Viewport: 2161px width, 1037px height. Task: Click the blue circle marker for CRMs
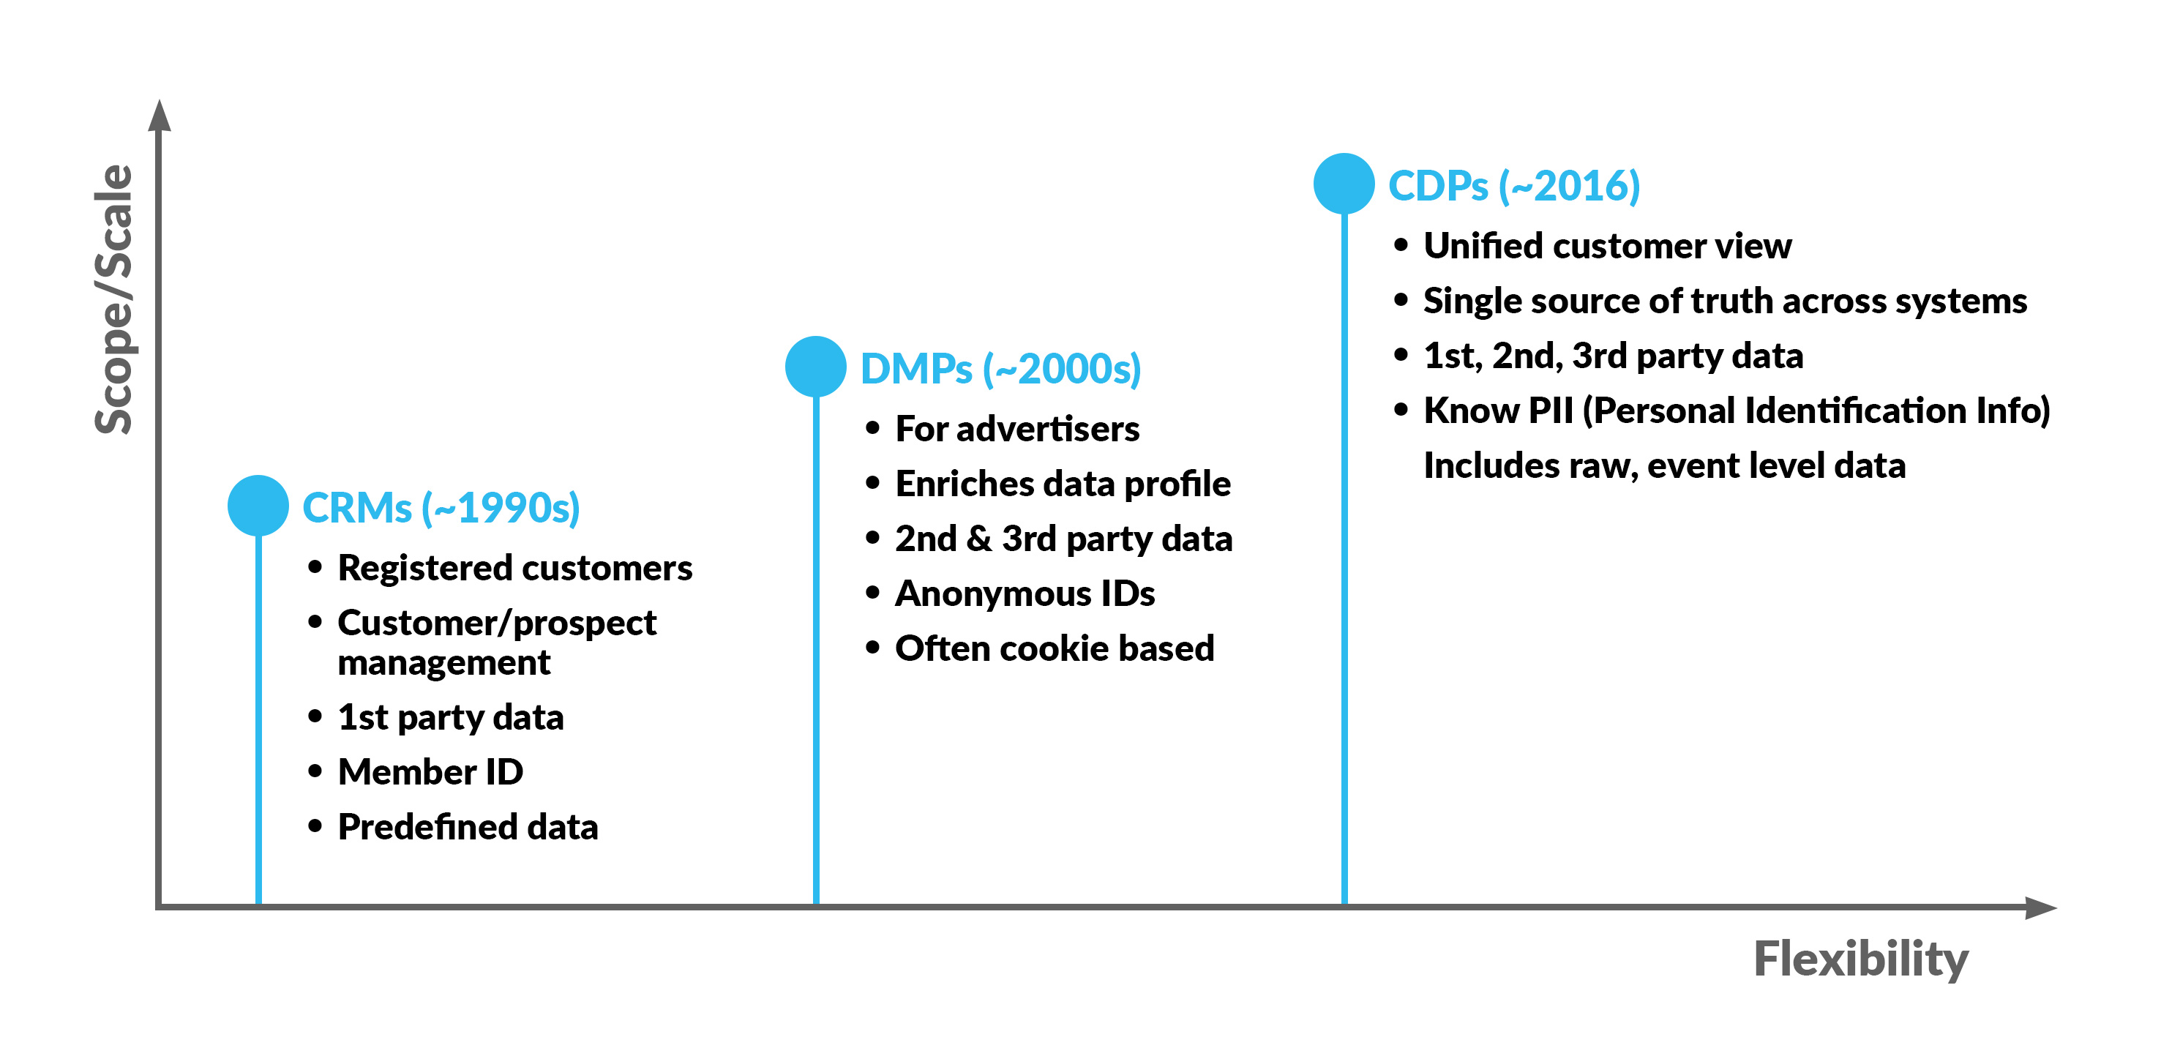pos(258,506)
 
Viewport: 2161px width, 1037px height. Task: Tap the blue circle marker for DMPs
pos(815,367)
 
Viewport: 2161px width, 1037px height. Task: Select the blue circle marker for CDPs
pos(1344,184)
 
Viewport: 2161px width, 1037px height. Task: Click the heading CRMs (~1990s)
pos(441,509)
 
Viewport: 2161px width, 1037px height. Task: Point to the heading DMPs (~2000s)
pos(1001,369)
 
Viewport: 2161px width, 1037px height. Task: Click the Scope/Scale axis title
pos(114,299)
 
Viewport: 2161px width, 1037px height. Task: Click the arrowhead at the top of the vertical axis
pos(160,116)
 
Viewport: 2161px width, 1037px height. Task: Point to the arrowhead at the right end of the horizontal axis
pos(2040,907)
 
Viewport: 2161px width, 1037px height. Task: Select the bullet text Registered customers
pos(515,569)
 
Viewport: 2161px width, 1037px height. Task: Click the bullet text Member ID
pos(430,772)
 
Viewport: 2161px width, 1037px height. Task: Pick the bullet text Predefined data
pos(468,827)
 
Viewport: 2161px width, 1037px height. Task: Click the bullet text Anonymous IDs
pos(1025,594)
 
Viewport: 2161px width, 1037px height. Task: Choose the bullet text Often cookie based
pos(1055,648)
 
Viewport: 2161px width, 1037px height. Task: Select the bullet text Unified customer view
pos(1607,246)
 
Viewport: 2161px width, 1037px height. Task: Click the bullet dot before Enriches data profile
pos(873,483)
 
